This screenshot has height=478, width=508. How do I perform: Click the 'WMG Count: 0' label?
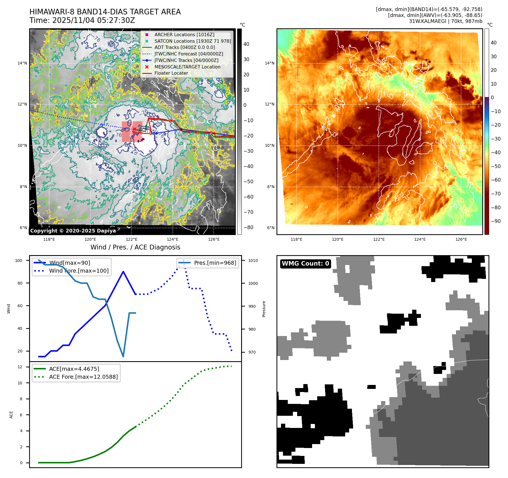coord(305,264)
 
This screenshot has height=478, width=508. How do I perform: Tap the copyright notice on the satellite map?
coord(73,231)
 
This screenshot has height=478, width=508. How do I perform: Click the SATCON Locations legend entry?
coord(193,41)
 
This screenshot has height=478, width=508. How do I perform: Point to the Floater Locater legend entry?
coord(171,73)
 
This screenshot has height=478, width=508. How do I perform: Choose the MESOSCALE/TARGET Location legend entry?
coord(187,67)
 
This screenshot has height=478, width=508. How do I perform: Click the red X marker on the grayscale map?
coord(135,129)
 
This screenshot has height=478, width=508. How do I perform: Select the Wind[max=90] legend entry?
coord(70,263)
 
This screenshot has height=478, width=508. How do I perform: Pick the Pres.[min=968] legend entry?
coord(215,263)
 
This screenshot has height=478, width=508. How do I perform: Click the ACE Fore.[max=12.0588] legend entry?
coord(83,377)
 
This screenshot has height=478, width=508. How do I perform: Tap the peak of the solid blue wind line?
coord(123,272)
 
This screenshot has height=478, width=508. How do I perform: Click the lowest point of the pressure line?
coord(123,356)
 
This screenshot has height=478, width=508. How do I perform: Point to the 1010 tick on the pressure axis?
coord(253,260)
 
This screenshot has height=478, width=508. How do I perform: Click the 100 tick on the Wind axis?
coord(19,260)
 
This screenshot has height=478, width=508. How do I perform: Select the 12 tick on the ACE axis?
coord(20,367)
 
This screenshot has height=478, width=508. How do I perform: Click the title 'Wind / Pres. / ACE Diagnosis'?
coord(135,247)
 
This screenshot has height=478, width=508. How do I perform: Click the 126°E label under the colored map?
coord(461,239)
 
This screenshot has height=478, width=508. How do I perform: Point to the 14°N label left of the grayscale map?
coord(22,63)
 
